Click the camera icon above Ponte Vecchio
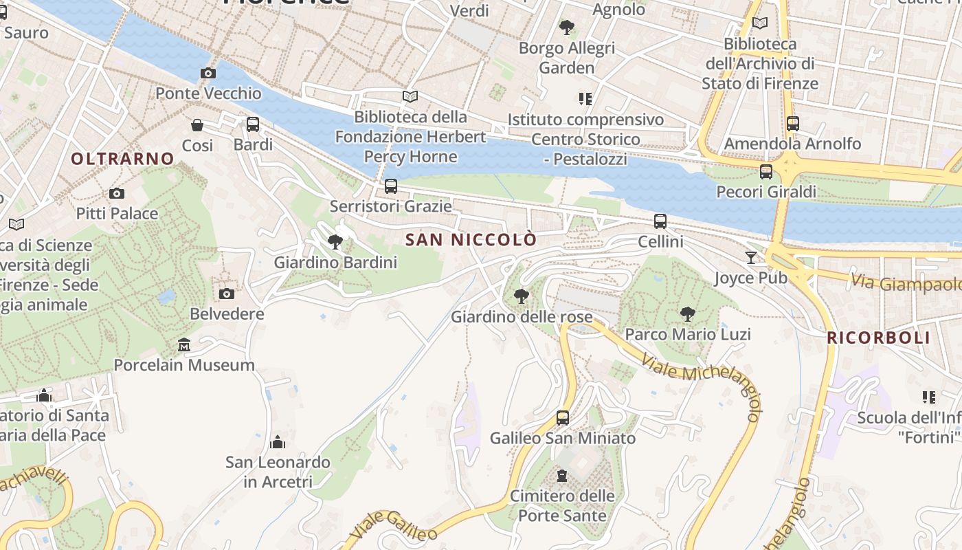208,73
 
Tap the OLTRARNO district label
122,159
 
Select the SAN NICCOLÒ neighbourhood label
471,240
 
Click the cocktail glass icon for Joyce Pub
751,258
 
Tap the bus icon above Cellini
660,221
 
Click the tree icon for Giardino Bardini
335,242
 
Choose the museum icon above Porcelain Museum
184,344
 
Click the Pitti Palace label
117,214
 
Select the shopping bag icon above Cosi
197,125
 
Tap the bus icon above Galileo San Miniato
563,417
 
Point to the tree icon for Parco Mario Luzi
687,314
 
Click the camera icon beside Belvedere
226,294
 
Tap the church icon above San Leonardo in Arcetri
278,441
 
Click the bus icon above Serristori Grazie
391,186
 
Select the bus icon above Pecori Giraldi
766,172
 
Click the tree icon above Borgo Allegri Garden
567,27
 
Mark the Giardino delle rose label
522,317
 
